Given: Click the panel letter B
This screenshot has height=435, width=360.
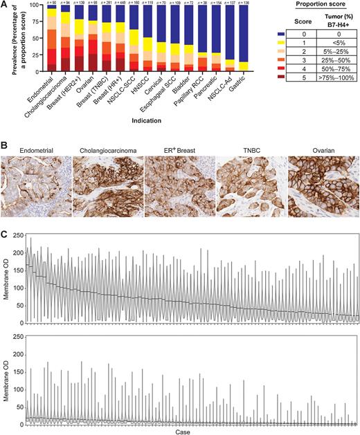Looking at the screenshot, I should click(4, 129).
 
